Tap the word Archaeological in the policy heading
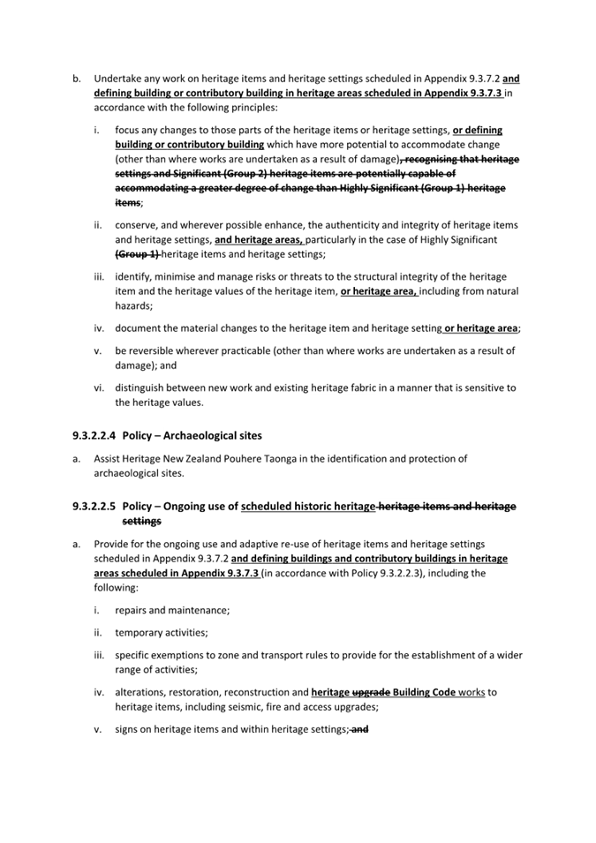201,435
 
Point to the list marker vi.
99,388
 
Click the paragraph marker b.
77,78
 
